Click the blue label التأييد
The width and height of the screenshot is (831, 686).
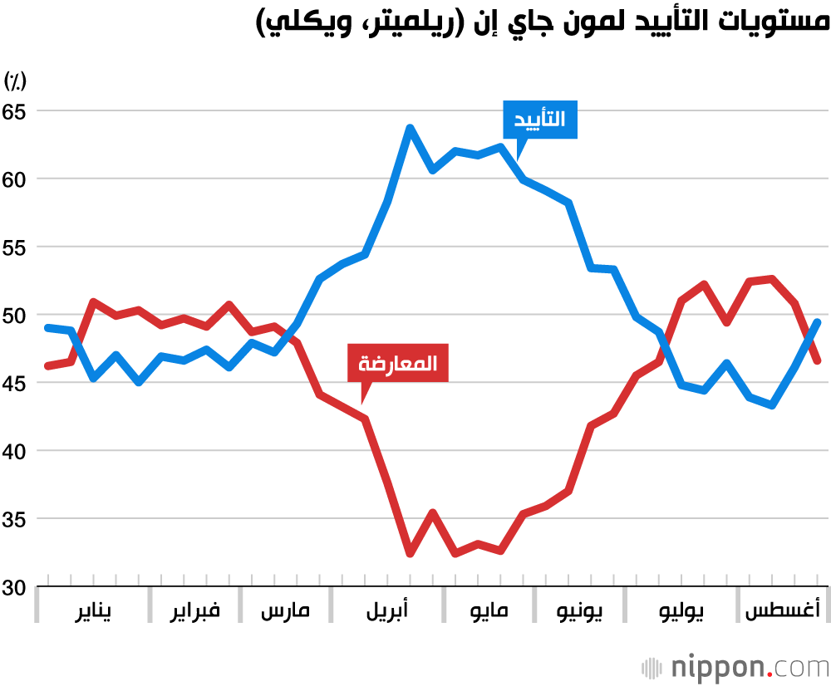coord(540,120)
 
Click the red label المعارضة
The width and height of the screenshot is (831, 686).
coord(397,363)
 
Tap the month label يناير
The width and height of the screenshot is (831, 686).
coord(93,612)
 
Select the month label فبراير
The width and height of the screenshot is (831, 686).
coord(195,612)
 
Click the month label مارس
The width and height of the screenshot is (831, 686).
coord(285,612)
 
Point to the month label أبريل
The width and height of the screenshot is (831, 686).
coord(387,612)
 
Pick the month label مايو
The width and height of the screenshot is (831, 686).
coord(489,612)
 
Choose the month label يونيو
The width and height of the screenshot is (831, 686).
coord(580,612)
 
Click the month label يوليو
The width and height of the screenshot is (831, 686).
coord(681,612)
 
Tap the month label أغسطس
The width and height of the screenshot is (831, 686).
coord(782,612)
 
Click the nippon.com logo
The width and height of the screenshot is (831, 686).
coord(735,667)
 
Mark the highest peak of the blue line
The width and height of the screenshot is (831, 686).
coord(410,127)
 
